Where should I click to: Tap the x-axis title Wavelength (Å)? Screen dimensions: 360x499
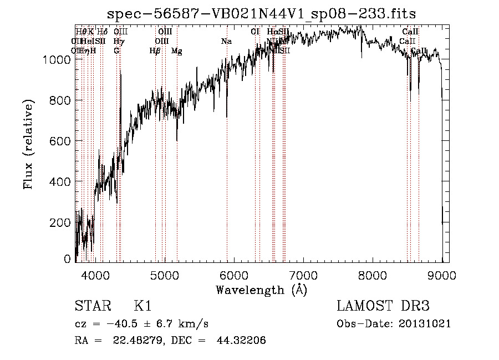point(261,290)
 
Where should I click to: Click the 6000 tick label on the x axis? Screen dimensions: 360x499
point(233,273)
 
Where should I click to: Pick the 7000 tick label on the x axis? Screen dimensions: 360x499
point(303,273)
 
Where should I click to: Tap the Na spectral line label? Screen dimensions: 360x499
point(226,41)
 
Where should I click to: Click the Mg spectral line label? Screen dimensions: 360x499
point(176,51)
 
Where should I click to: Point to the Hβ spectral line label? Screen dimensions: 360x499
point(155,51)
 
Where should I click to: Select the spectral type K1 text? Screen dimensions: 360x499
point(142,306)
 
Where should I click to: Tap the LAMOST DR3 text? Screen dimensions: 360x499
point(383,306)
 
